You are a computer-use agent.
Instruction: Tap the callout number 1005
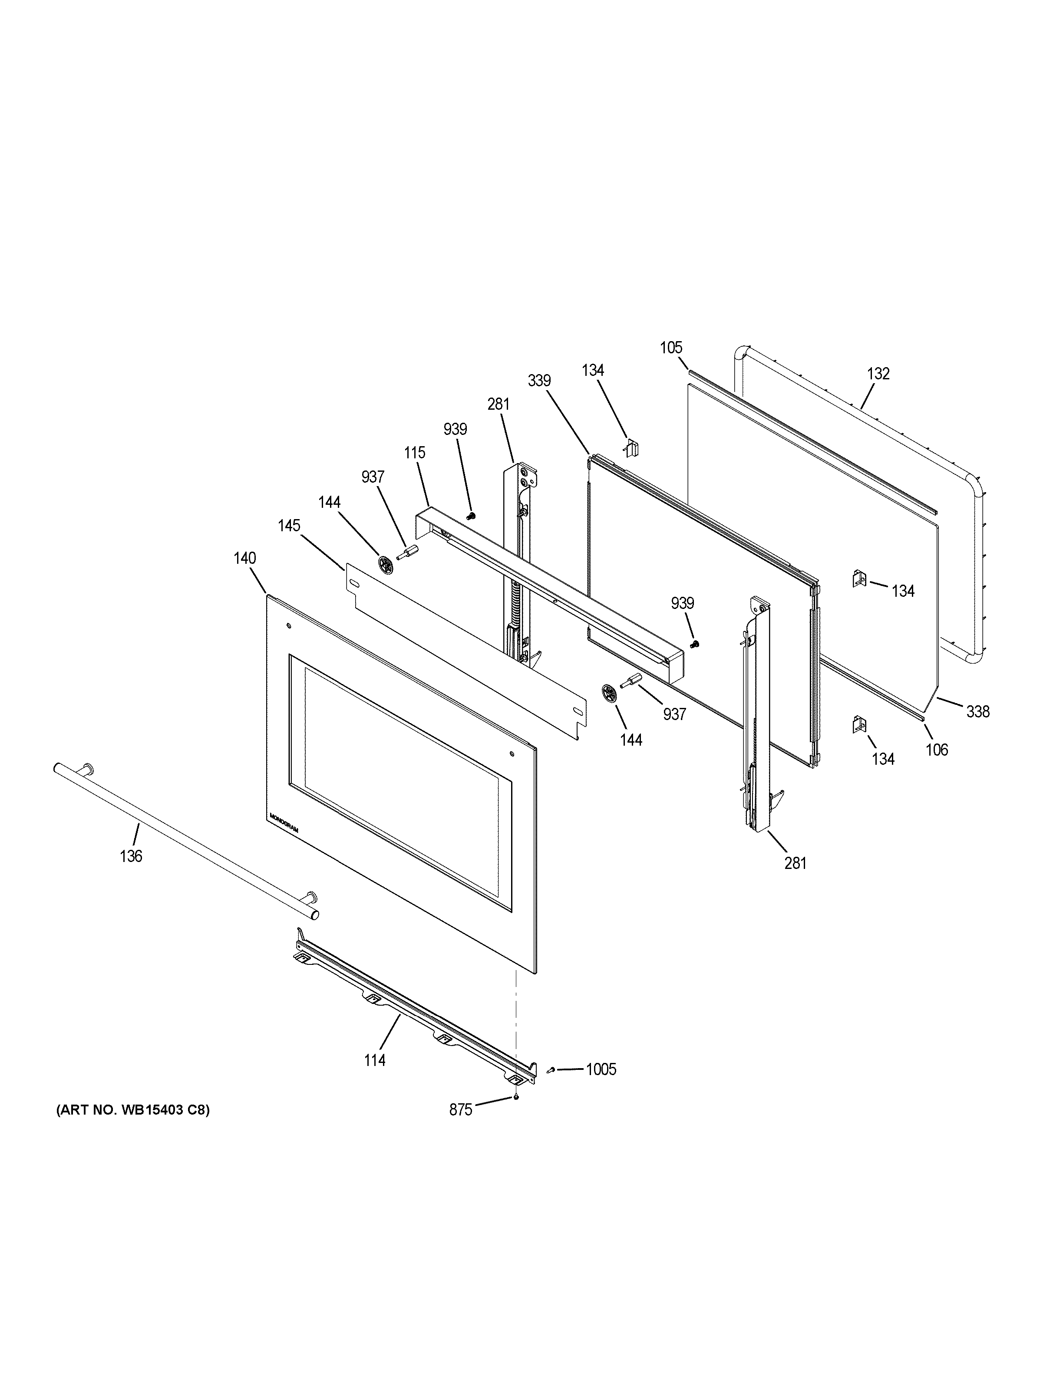point(601,1069)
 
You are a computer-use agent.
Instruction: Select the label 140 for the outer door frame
point(244,558)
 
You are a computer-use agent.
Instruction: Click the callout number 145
point(289,526)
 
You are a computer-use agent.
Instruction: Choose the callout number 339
point(539,380)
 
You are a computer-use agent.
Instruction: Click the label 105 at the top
point(671,348)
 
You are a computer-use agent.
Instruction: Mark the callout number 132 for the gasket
point(878,373)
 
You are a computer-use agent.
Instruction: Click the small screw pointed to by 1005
point(551,1070)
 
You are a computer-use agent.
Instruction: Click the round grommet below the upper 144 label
point(386,563)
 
